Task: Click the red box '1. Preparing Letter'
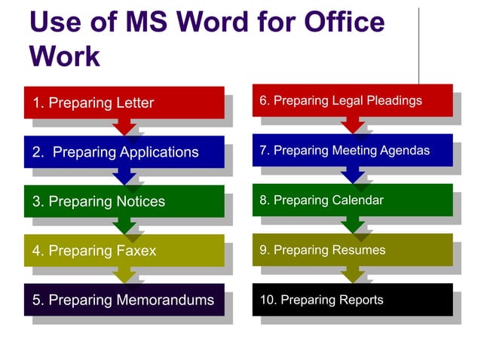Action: click(124, 102)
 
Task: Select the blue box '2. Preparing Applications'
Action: click(124, 152)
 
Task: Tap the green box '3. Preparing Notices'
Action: click(124, 201)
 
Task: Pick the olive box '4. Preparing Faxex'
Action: click(124, 251)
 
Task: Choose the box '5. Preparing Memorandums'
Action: click(124, 300)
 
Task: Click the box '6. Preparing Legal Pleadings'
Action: click(351, 100)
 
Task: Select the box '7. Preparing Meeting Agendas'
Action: click(351, 150)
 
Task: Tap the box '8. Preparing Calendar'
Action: click(351, 200)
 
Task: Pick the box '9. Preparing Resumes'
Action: click(351, 249)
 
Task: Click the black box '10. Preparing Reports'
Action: click(351, 299)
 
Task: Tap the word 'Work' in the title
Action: click(65, 56)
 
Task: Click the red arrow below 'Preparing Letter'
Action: click(124, 127)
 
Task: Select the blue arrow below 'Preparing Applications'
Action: click(124, 177)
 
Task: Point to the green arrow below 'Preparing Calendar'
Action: click(352, 224)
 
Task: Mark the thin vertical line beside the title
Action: click(419, 45)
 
